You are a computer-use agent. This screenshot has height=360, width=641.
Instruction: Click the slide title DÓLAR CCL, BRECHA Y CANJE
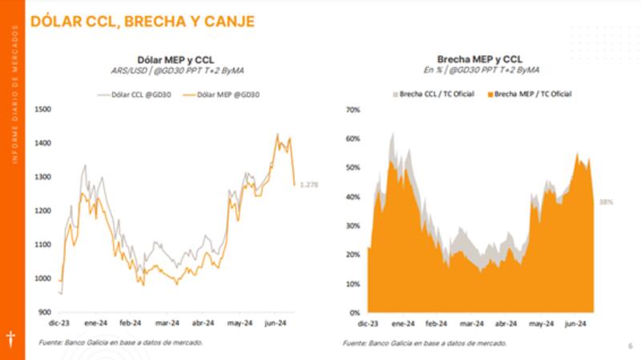[x=142, y=22]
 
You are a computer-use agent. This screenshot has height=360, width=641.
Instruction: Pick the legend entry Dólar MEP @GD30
[x=224, y=95]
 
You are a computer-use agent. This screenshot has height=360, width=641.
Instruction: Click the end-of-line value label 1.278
[x=309, y=185]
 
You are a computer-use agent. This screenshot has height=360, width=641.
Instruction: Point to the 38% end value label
[x=607, y=202]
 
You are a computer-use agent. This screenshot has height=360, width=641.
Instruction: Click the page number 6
[x=630, y=346]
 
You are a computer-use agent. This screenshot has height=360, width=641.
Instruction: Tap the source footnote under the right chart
[x=425, y=342]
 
